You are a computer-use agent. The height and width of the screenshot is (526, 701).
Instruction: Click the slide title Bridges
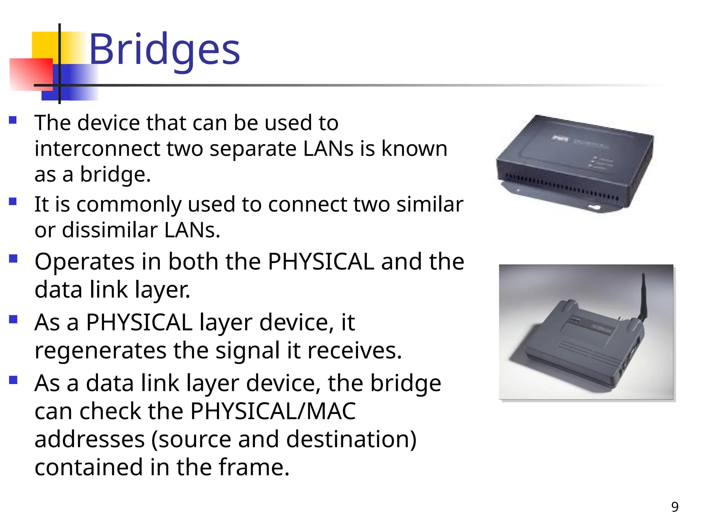(164, 50)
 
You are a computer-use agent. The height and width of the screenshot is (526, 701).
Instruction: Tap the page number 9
(675, 507)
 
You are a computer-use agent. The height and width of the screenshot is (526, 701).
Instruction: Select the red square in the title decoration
(31, 74)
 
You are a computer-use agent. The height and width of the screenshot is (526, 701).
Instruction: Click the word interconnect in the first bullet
(97, 149)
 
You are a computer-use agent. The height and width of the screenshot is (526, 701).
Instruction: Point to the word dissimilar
(110, 230)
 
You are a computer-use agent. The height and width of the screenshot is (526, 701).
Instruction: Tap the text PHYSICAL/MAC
(273, 411)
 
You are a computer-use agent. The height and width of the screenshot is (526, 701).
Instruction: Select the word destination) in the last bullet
(351, 439)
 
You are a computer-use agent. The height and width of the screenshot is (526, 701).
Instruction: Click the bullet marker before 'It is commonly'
(13, 201)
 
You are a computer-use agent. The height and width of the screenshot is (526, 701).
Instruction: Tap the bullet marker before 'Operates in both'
(13, 259)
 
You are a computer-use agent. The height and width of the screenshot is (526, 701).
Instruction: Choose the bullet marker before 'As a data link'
(13, 380)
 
